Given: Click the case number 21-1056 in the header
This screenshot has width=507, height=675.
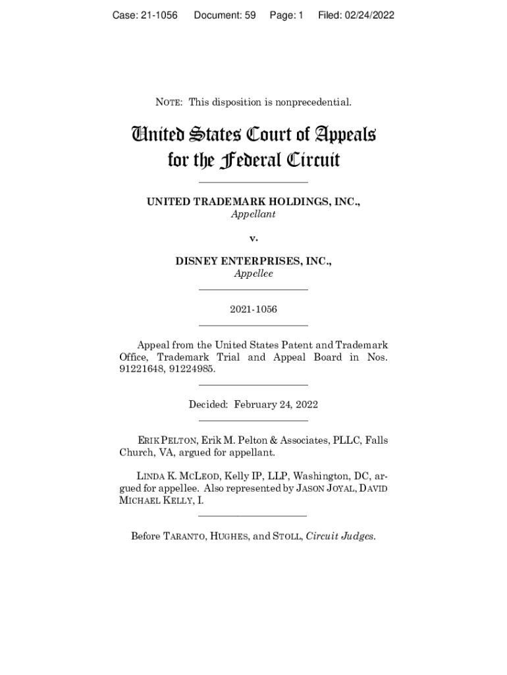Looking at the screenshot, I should [x=158, y=15].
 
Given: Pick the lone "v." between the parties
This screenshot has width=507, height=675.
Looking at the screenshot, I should [x=254, y=239].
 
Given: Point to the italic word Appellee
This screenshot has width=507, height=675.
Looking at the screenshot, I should [x=254, y=274].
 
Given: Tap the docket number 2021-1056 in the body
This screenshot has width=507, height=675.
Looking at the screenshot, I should [x=254, y=309].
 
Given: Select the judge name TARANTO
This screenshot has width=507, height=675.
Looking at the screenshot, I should [x=183, y=537].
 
